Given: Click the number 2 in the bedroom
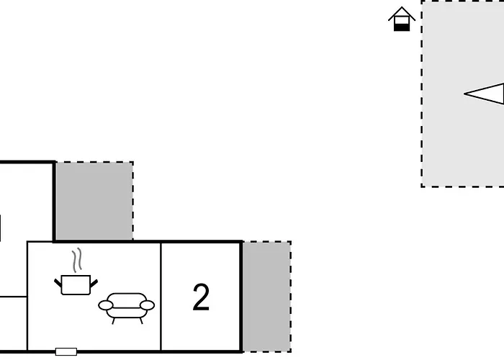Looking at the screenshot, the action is tap(201, 297).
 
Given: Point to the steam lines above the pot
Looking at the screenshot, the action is tap(77, 261).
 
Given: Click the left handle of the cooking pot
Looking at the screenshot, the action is tap(58, 283).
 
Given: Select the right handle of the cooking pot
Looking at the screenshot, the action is tap(94, 284).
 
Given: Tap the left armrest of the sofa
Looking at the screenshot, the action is tap(105, 305).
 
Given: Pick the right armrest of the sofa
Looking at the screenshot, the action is tap(147, 305).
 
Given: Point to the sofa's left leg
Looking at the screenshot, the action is tap(113, 321).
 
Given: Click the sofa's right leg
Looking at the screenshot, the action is tap(141, 321).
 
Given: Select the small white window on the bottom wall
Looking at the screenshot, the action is tap(66, 351).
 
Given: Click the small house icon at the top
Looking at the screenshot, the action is tap(402, 19).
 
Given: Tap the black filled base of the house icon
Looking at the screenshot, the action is tap(402, 27).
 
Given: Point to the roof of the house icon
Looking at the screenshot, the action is tap(402, 14).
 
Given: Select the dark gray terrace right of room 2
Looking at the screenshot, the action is tap(267, 297).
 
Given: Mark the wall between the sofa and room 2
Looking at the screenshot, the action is tap(161, 297).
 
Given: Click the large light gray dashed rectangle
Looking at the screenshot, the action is tap(463, 93).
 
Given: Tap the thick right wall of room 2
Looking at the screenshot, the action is tap(241, 297).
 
